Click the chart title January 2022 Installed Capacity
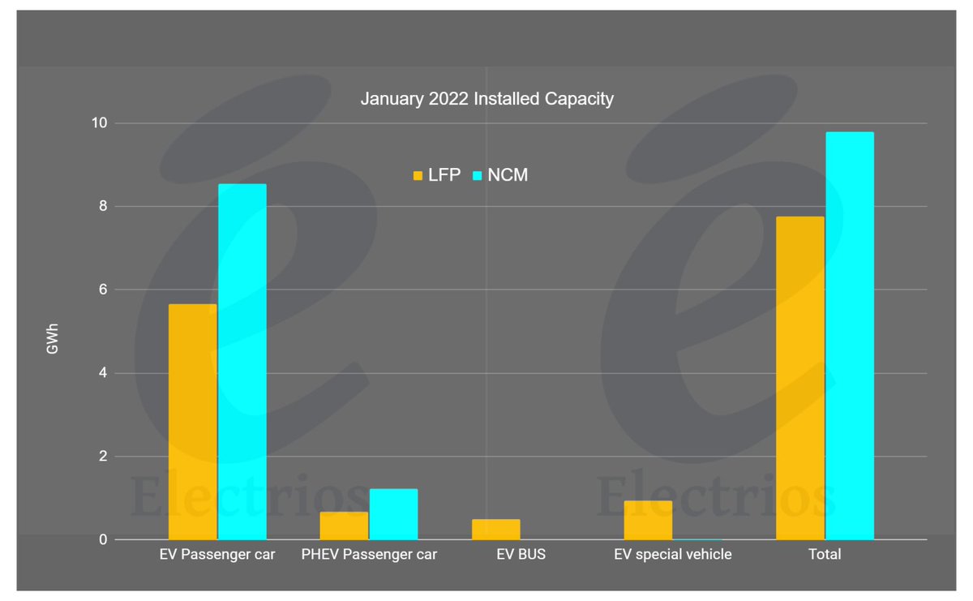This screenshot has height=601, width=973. coord(486,100)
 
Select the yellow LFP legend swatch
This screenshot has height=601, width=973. coord(418,175)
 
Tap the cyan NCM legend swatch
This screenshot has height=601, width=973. coord(478,175)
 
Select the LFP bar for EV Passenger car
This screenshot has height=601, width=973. coord(192,422)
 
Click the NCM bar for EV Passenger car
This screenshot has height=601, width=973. coord(242,362)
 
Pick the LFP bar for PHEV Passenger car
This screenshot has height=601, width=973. coord(344,526)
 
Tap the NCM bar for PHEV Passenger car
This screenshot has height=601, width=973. coord(393,514)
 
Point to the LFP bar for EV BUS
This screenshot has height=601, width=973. coord(495,530)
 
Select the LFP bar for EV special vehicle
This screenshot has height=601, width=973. coord(648,520)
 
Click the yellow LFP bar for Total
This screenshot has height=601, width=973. coord(799,378)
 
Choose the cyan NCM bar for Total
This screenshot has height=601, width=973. coord(849,336)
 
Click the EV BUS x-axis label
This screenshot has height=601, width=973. coord(521,555)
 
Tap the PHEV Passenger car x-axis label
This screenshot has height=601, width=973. coord(369,555)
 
